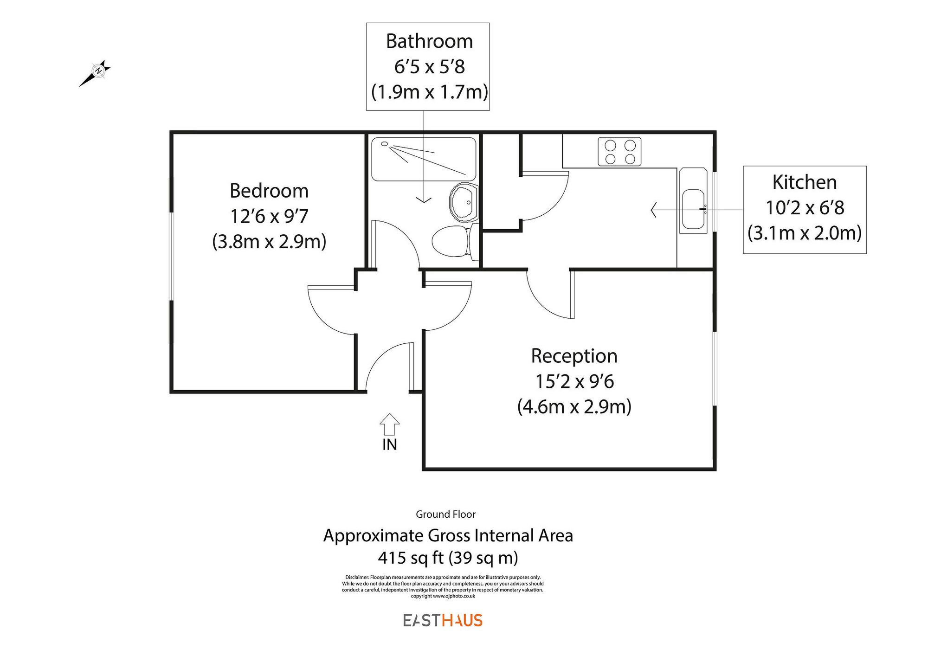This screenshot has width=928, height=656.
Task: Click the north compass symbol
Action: click(x=98, y=71)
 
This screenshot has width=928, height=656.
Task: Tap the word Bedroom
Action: click(x=269, y=191)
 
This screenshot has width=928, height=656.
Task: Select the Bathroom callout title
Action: click(x=429, y=41)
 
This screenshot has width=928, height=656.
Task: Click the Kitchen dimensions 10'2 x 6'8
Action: click(x=805, y=208)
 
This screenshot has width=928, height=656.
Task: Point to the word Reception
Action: click(x=574, y=356)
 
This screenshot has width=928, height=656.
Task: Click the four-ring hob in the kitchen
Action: click(x=619, y=152)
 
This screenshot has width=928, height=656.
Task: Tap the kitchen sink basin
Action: click(x=693, y=208)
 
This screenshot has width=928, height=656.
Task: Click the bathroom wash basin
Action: click(x=464, y=203)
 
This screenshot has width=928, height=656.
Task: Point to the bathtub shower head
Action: click(x=385, y=144)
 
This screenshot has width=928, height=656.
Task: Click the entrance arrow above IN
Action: click(x=389, y=424)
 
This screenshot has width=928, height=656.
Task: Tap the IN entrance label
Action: click(x=389, y=444)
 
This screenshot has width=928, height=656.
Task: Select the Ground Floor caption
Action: click(x=445, y=514)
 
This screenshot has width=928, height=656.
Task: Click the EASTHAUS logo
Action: click(x=443, y=620)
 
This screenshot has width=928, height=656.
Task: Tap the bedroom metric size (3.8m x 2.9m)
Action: click(x=269, y=242)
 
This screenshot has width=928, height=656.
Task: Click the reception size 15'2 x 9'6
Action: click(x=574, y=381)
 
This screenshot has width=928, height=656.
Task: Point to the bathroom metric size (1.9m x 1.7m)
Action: click(x=429, y=92)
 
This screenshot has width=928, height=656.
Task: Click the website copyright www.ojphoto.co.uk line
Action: click(x=443, y=596)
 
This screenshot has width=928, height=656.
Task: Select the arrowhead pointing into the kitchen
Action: click(x=654, y=210)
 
